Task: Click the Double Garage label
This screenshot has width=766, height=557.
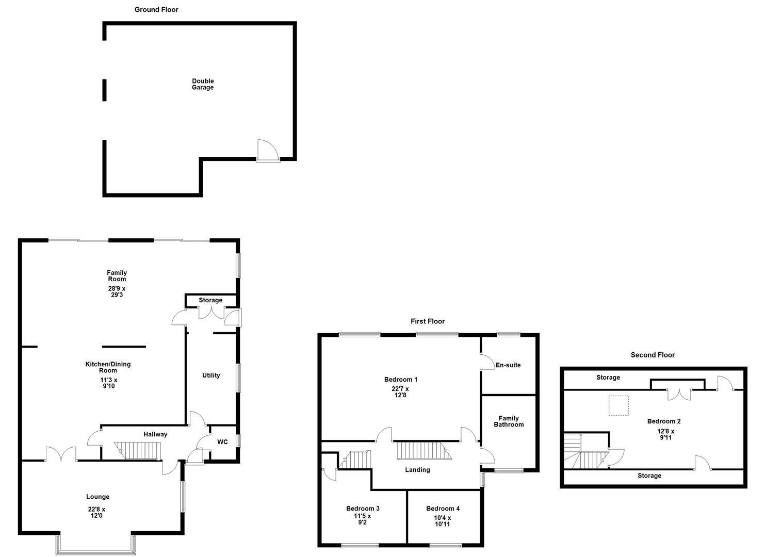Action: [x=203, y=84]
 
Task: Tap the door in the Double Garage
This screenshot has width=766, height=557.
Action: [x=267, y=151]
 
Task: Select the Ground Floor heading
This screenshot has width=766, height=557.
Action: [x=156, y=9]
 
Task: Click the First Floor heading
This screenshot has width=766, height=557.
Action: [x=428, y=321]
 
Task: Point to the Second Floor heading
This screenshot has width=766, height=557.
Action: [x=653, y=355]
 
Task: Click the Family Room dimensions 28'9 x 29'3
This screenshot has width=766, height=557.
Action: [x=117, y=292]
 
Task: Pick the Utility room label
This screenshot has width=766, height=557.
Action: [x=211, y=375]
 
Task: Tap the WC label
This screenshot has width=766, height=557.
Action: [x=222, y=442]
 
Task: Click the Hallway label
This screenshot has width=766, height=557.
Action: [x=155, y=434]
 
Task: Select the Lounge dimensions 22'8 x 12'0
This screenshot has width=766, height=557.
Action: [x=96, y=512]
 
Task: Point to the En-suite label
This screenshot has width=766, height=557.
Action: [x=508, y=365]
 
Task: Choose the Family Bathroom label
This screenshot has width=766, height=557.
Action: [x=509, y=421]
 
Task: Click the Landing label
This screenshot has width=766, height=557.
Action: [x=417, y=470]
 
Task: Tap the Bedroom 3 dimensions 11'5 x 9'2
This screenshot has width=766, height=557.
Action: [x=362, y=519]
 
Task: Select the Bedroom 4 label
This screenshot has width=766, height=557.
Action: [x=443, y=509]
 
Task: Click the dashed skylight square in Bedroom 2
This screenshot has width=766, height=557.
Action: [x=618, y=405]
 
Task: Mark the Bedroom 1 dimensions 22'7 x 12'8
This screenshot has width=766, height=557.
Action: [x=400, y=392]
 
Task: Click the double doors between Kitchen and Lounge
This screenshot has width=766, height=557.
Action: [x=61, y=454]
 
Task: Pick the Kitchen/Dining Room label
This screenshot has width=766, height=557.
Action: [x=108, y=367]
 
